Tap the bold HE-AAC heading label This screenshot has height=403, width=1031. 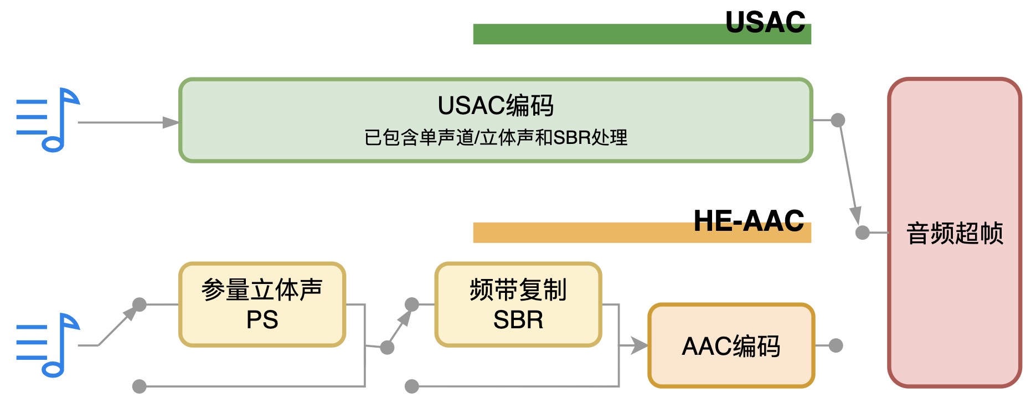[749, 221]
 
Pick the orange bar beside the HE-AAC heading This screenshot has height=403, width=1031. [581, 233]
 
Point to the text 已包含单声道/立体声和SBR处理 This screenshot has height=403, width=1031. [496, 137]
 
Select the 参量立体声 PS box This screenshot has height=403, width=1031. [262, 304]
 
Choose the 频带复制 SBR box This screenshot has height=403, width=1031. [518, 304]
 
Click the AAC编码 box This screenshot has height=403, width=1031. [731, 346]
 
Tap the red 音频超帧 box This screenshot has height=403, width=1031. [954, 232]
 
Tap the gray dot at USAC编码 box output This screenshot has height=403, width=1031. [838, 120]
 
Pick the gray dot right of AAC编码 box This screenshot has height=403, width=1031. [836, 346]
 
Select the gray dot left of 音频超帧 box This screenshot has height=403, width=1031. [862, 232]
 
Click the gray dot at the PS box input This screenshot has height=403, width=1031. [140, 304]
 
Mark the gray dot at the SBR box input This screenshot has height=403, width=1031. [411, 304]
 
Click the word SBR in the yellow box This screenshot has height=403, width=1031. [518, 320]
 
